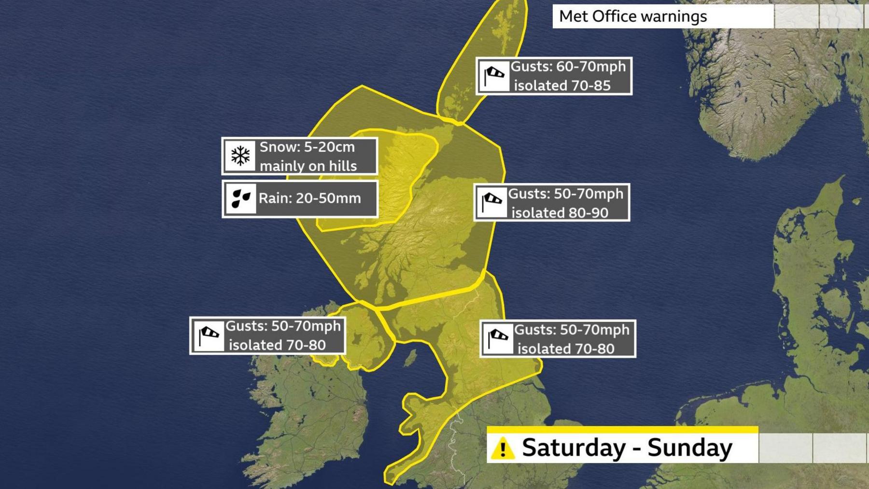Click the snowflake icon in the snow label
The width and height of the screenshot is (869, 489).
240,156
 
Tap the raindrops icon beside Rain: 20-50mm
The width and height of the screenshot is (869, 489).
240,198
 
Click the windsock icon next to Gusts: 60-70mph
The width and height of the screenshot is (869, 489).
494,76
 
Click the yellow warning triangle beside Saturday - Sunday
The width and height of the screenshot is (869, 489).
503,448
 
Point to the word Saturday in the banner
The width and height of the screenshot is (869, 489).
573,447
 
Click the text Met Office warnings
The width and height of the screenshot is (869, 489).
632,16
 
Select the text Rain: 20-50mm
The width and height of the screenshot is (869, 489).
309,198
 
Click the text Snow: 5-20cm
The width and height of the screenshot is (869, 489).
307,147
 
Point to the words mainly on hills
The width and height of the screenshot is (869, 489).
308,166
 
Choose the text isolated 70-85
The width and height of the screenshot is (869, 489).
562,86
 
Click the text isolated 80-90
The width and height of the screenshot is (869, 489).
560,213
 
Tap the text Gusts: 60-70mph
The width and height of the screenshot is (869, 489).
568,67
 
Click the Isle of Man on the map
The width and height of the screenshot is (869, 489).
410,358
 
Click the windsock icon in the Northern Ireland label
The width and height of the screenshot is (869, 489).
209,335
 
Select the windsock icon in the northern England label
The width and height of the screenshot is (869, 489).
497,339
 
